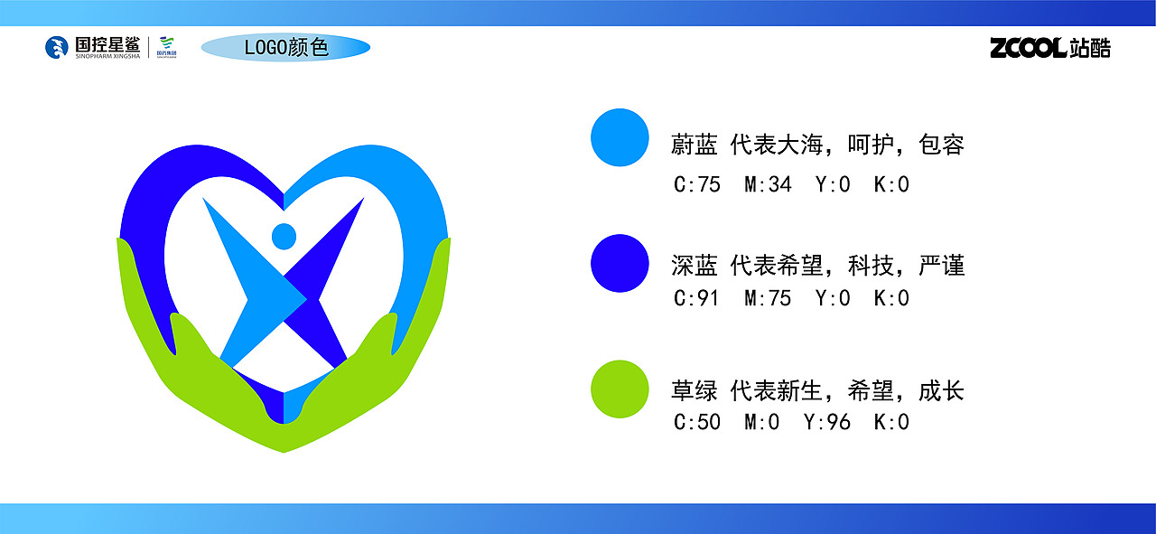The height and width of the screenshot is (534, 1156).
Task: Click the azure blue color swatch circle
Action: (x=620, y=137)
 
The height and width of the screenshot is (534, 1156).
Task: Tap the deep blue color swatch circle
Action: (x=620, y=263)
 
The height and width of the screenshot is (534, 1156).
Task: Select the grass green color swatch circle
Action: (x=620, y=389)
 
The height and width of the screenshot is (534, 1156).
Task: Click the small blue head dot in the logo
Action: (x=284, y=236)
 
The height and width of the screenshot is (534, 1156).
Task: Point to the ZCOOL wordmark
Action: (x=1029, y=48)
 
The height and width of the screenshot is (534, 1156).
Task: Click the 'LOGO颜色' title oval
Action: (x=285, y=48)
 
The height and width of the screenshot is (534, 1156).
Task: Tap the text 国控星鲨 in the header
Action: (x=107, y=42)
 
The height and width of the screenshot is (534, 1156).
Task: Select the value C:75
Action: (x=697, y=185)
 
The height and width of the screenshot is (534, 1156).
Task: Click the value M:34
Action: (x=768, y=185)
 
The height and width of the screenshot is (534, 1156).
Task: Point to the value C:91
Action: (x=697, y=298)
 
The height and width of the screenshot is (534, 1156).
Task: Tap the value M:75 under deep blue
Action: (x=768, y=298)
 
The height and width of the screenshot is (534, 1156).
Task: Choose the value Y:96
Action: (x=827, y=422)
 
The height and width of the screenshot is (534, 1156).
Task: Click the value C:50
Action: (x=697, y=422)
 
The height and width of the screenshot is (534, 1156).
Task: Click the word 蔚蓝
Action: (x=694, y=145)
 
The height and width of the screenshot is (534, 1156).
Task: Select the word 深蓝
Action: (x=694, y=266)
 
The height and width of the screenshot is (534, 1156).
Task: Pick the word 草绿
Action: (x=694, y=391)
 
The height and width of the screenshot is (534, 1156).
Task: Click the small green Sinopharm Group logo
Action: (x=166, y=47)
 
